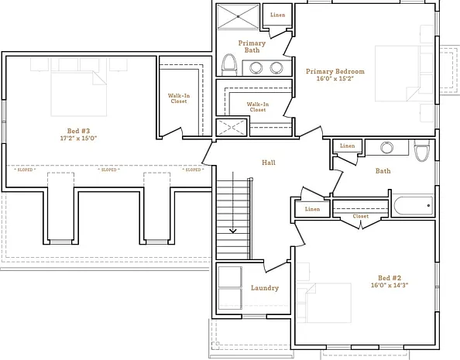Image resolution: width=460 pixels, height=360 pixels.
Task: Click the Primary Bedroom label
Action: click(335, 71)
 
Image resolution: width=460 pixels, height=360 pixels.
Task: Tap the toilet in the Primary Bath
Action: click(229, 65)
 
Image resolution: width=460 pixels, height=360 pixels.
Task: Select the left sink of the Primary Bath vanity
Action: click(256, 68)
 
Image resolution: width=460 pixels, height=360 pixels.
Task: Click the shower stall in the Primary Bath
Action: click(238, 16)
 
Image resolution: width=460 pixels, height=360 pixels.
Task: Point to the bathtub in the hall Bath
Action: click(413, 206)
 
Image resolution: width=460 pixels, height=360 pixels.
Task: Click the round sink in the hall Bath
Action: click(386, 147)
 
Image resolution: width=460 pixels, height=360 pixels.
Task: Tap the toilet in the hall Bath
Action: click(421, 150)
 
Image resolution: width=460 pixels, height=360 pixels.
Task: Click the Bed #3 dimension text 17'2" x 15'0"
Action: click(78, 138)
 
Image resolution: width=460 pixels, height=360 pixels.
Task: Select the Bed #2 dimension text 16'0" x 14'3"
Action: click(390, 285)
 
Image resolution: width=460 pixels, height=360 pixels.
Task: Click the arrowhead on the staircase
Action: click(233, 231)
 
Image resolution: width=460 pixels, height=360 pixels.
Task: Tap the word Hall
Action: click(269, 163)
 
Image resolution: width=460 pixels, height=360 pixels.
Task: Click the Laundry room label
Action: click(265, 288)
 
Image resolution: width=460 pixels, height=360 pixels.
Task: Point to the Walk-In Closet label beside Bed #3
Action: click(179, 98)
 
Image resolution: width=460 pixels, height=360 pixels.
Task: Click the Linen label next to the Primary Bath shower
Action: click(277, 15)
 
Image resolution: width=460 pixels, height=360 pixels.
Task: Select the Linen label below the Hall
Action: click(312, 209)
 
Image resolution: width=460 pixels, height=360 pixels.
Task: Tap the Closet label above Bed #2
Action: click(361, 216)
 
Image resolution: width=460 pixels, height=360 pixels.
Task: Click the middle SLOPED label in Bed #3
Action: click(109, 170)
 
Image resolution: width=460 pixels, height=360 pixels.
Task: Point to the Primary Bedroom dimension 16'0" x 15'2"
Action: click(335, 79)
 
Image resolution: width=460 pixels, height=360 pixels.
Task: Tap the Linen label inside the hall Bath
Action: click(348, 146)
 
